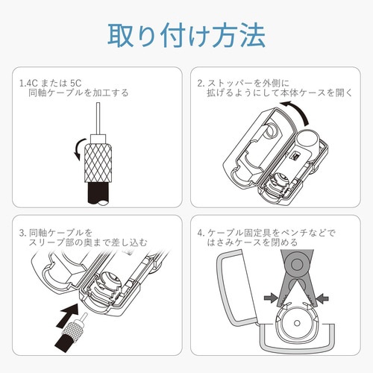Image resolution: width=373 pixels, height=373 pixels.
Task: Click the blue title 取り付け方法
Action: click(186, 35)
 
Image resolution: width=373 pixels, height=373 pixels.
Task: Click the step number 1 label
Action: click(22, 82)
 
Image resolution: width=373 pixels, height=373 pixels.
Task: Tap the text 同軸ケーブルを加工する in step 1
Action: click(79, 93)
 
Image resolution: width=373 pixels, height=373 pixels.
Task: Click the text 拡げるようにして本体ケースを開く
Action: click(280, 93)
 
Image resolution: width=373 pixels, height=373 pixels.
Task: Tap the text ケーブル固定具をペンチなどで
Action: click(280, 231)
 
